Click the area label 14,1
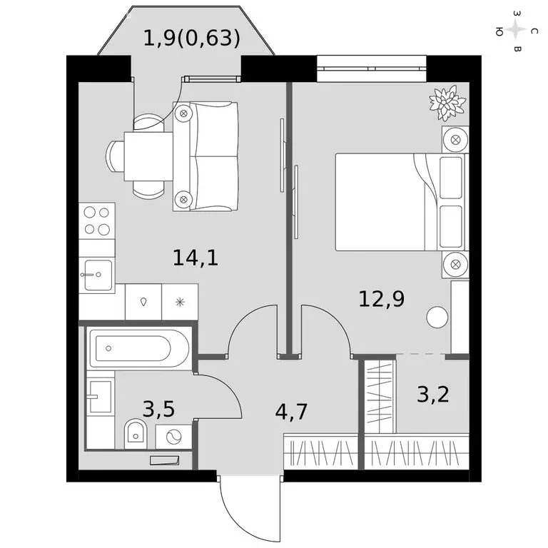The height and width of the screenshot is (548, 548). [x=195, y=256]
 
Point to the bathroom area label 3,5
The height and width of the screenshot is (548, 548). [x=158, y=409]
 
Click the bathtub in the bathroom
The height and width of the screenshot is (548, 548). [x=138, y=349]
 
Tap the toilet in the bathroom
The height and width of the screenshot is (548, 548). [x=135, y=432]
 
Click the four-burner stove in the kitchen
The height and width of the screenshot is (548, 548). [x=96, y=220]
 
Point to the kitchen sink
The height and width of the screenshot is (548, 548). [x=96, y=275]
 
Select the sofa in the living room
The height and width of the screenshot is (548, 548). [x=205, y=156]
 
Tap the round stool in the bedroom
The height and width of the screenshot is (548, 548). [x=437, y=317]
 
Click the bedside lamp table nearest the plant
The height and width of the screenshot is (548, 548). [x=455, y=139]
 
